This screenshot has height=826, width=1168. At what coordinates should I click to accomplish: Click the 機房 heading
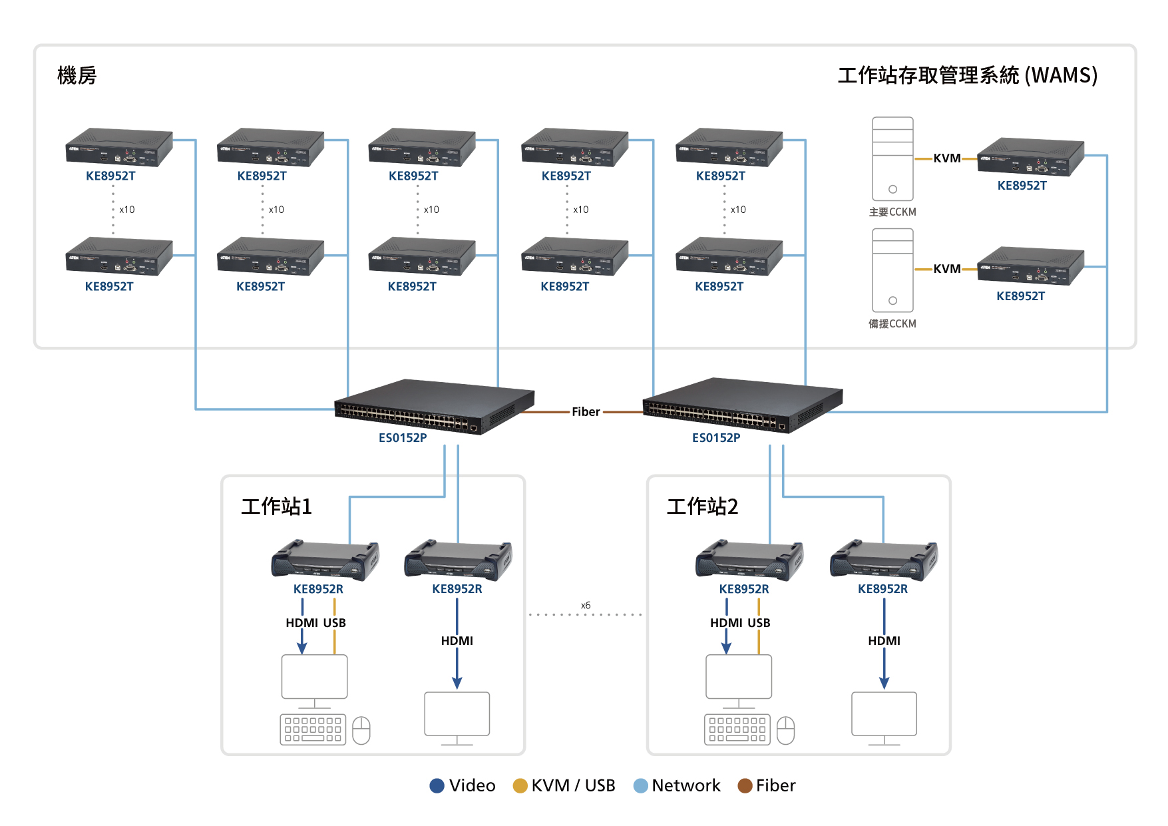click(77, 75)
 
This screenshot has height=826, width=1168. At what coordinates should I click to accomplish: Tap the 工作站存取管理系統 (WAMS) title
click(967, 75)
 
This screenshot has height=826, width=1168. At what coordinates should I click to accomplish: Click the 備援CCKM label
click(892, 323)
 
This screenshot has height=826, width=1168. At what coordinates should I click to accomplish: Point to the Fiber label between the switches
click(586, 412)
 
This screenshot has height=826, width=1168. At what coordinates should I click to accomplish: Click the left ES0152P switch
click(434, 406)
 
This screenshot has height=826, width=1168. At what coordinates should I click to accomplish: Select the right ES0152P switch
click(742, 405)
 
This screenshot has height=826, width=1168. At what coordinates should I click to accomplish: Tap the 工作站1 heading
click(276, 507)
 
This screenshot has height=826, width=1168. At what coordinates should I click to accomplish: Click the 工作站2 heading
click(702, 507)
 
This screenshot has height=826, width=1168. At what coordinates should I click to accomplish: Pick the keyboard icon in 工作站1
click(313, 729)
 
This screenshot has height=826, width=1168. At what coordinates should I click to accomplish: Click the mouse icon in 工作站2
click(786, 730)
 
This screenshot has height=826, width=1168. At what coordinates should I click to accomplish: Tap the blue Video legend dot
click(437, 786)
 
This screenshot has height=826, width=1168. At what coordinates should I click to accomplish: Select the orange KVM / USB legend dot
click(520, 786)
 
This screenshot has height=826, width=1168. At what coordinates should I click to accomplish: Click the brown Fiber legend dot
click(745, 786)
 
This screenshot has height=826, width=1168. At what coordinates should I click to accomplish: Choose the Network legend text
click(685, 786)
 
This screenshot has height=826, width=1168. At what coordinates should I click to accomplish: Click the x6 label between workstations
click(586, 606)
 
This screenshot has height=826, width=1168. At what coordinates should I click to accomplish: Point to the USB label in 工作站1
click(334, 623)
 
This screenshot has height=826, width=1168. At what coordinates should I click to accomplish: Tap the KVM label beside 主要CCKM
click(946, 158)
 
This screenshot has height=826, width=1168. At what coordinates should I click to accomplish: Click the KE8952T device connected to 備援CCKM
click(1030, 266)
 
